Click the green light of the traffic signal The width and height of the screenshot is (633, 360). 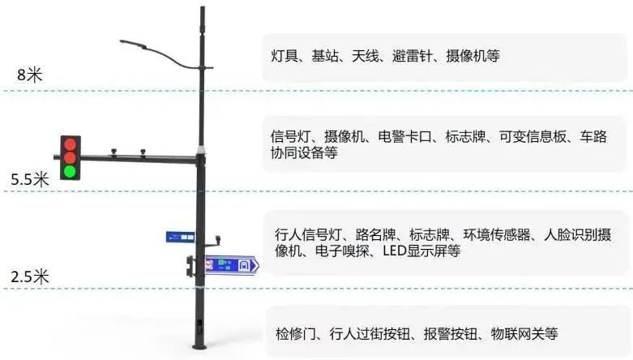tap(71, 171)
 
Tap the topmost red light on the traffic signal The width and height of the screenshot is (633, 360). tap(71, 144)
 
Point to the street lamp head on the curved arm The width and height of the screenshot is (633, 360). tap(131, 42)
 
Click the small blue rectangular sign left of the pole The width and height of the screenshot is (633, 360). tap(180, 237)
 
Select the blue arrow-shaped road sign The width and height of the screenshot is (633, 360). tap(231, 264)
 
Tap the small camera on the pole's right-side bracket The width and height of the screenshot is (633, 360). tap(217, 239)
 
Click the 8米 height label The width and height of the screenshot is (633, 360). tap(29, 75)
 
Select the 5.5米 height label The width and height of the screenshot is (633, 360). tap(30, 179)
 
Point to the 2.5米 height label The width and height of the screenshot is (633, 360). tap(30, 276)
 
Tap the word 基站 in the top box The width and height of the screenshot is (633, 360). tap(327, 56)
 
